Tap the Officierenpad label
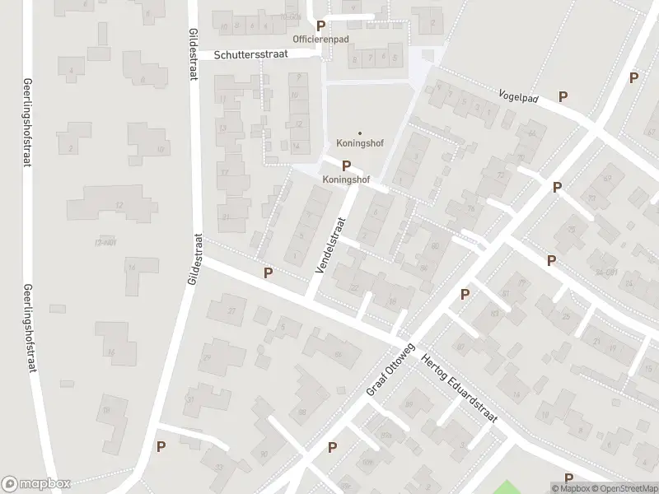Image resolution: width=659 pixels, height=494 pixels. tap(321, 39)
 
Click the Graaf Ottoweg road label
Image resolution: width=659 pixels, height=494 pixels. tap(390, 370)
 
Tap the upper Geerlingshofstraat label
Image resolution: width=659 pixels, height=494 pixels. tap(28, 123)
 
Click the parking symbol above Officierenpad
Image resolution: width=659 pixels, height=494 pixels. tap(320, 26)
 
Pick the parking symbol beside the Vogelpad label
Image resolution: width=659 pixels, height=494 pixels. tap(563, 96)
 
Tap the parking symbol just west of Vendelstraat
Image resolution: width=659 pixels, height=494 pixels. tap(267, 272)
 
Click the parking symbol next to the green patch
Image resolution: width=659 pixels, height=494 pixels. tap(568, 478)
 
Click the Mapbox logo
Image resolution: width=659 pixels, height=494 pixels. tap(36, 484)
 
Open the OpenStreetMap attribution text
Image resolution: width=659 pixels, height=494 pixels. tap(624, 488)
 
